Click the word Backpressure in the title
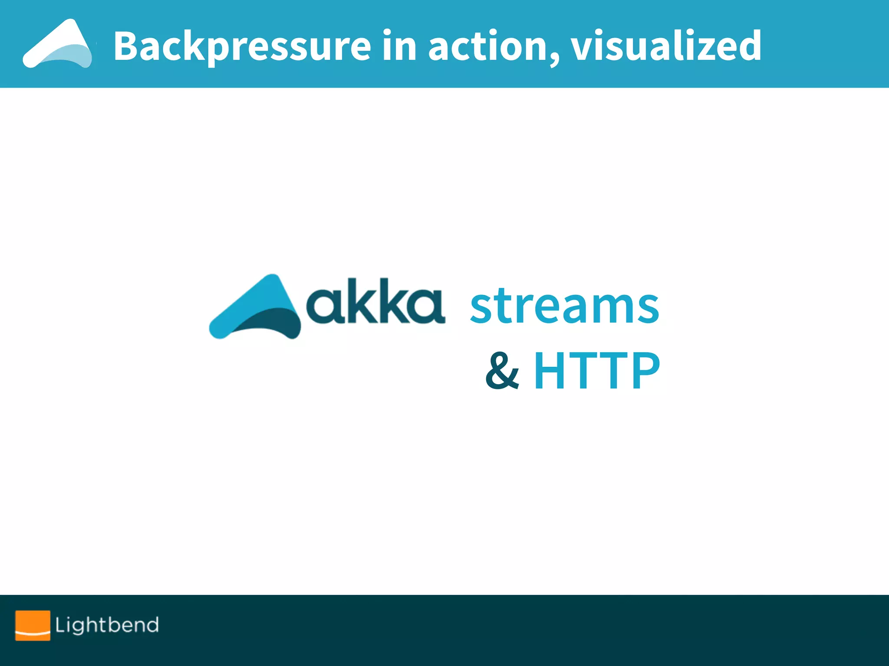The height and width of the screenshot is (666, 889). tap(242, 46)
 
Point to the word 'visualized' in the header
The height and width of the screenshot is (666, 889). tap(666, 45)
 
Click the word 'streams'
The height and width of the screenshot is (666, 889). tap(565, 306)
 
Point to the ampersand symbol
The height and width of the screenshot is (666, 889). tap(502, 371)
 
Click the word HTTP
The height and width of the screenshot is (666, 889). tap(597, 371)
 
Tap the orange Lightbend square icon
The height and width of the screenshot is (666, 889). tap(33, 625)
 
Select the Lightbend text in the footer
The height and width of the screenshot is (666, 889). tap(107, 625)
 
